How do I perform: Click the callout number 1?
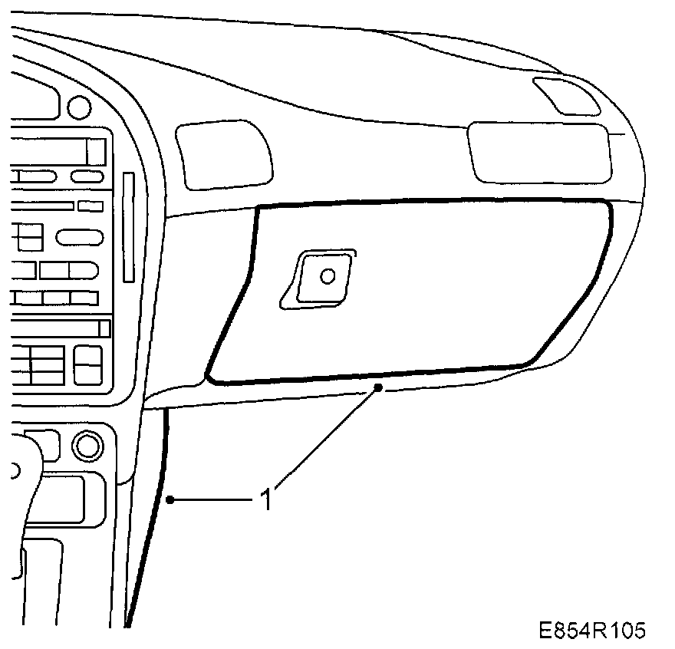266,500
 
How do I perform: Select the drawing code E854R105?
591,630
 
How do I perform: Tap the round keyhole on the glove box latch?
328,275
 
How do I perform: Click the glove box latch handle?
318,278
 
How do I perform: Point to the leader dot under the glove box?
378,390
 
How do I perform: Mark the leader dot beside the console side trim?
170,500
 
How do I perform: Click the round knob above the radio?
78,105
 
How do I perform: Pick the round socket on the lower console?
87,444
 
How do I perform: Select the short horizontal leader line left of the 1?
212,500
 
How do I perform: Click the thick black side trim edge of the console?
150,522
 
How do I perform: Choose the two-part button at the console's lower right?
87,364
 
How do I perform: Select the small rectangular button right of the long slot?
91,206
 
